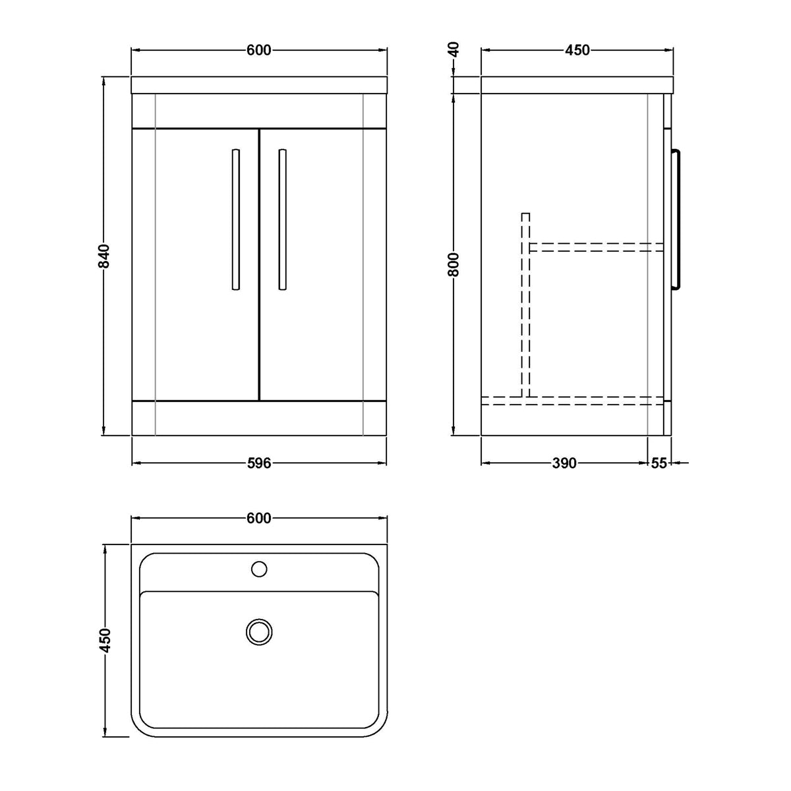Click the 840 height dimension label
pos(104,256)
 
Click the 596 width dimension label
pos(259,463)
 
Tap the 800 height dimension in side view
pos(454,264)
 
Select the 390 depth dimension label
pos(564,463)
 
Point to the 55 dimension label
pos(659,463)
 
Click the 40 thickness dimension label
pos(454,49)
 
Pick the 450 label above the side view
pos(577,50)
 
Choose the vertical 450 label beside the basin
pos(105,640)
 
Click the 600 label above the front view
pos(259,50)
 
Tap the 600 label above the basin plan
pos(259,518)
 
